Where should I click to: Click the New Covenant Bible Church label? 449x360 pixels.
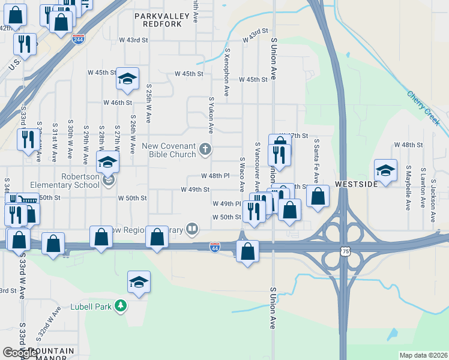169,150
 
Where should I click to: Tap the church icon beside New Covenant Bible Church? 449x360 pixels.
205,149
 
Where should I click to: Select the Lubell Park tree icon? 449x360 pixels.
121,306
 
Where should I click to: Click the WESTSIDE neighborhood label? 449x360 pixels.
356,184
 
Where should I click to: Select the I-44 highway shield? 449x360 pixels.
215,247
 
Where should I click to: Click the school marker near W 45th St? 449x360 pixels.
127,79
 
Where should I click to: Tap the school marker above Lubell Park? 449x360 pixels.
139,283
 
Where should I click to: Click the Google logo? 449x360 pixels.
20,353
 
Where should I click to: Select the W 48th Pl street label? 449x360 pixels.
215,176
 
